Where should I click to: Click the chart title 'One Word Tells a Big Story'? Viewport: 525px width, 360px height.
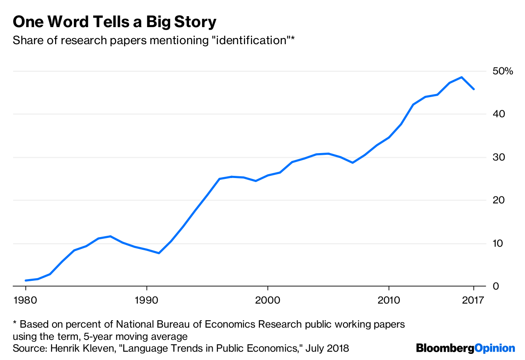115,21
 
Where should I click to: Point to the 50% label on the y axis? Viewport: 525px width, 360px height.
502,71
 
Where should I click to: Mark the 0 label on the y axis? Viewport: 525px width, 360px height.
496,287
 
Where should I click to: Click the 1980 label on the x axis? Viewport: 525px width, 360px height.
25,301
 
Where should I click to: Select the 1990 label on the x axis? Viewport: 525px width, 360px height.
147,301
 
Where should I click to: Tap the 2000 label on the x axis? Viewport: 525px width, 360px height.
267,301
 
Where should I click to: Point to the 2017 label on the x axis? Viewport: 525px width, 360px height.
473,301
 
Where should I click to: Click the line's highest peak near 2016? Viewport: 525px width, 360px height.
462,77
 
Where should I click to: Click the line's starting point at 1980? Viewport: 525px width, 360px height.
26,280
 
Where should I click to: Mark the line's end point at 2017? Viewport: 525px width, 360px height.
474,89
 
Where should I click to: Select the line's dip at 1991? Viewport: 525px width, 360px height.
159,253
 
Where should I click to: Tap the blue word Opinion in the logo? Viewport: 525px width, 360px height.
495,348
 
